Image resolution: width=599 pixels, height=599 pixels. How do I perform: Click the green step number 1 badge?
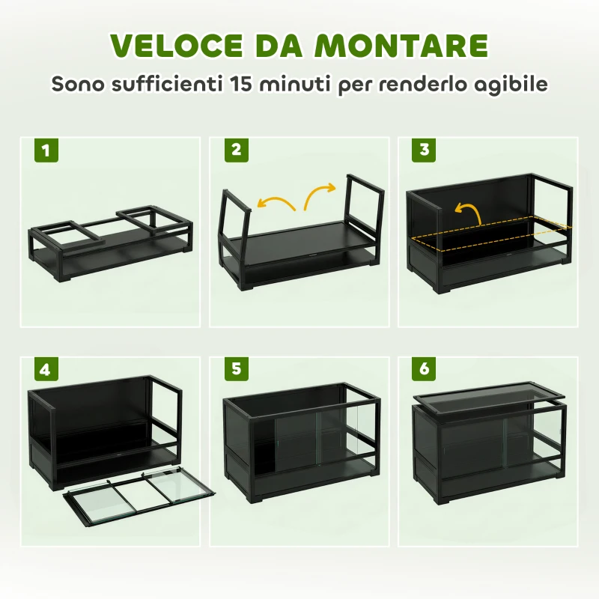(46, 150)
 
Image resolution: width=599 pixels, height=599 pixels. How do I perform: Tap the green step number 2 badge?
(236, 150)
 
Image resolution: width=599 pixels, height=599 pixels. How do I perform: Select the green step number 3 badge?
(425, 150)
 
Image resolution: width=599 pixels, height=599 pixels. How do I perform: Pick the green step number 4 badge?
(46, 370)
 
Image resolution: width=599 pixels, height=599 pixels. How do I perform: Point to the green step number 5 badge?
(236, 370)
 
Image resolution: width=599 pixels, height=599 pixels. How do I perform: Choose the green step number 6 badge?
(425, 370)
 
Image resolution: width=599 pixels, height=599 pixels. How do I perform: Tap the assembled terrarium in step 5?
(299, 442)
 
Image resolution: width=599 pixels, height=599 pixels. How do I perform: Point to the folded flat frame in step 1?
(111, 240)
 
